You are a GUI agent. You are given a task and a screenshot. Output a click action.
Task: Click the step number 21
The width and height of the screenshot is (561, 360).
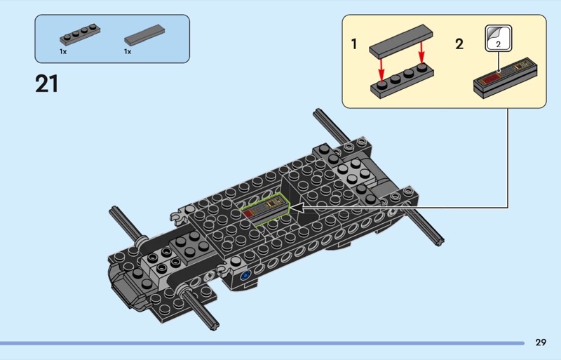click(x=46, y=84)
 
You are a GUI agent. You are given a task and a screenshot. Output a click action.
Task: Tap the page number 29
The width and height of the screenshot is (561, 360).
click(x=541, y=342)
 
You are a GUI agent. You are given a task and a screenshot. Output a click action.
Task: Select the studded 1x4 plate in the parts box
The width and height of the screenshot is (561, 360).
click(x=80, y=34)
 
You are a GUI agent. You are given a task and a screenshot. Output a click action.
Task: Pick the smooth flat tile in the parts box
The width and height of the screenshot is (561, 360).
click(x=144, y=35)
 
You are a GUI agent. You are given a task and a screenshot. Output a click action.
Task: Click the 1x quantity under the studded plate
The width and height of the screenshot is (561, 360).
click(x=63, y=52)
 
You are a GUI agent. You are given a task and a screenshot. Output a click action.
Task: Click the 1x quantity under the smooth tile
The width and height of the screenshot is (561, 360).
click(x=128, y=52)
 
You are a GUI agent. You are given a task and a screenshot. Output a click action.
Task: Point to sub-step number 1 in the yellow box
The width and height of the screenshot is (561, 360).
click(x=354, y=44)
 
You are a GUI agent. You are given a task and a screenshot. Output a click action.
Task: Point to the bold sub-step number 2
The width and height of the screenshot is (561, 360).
click(x=459, y=44)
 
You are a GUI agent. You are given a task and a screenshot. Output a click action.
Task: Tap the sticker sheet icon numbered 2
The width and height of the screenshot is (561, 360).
click(x=498, y=38)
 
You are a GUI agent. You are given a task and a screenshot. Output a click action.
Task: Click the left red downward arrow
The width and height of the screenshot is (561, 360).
click(x=381, y=70)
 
